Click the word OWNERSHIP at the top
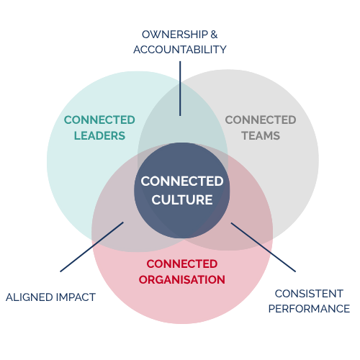[175, 35]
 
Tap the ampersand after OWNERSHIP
[214, 35]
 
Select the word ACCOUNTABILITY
[180, 50]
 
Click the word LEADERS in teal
[99, 136]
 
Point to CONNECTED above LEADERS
[99, 120]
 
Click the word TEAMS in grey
[261, 136]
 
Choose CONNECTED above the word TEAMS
[261, 120]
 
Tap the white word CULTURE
[182, 199]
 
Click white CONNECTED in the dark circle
[182, 181]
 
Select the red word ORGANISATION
[182, 280]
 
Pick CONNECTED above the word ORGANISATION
[182, 264]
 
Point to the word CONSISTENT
[309, 294]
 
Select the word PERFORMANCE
[309, 309]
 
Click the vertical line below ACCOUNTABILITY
[180, 89]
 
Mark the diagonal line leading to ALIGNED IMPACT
[91, 247]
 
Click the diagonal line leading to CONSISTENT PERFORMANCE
[264, 247]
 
